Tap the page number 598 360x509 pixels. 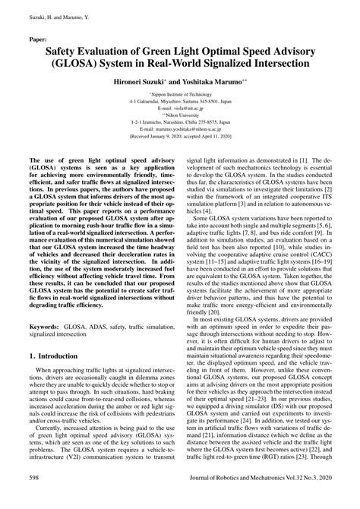tap(36, 499)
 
